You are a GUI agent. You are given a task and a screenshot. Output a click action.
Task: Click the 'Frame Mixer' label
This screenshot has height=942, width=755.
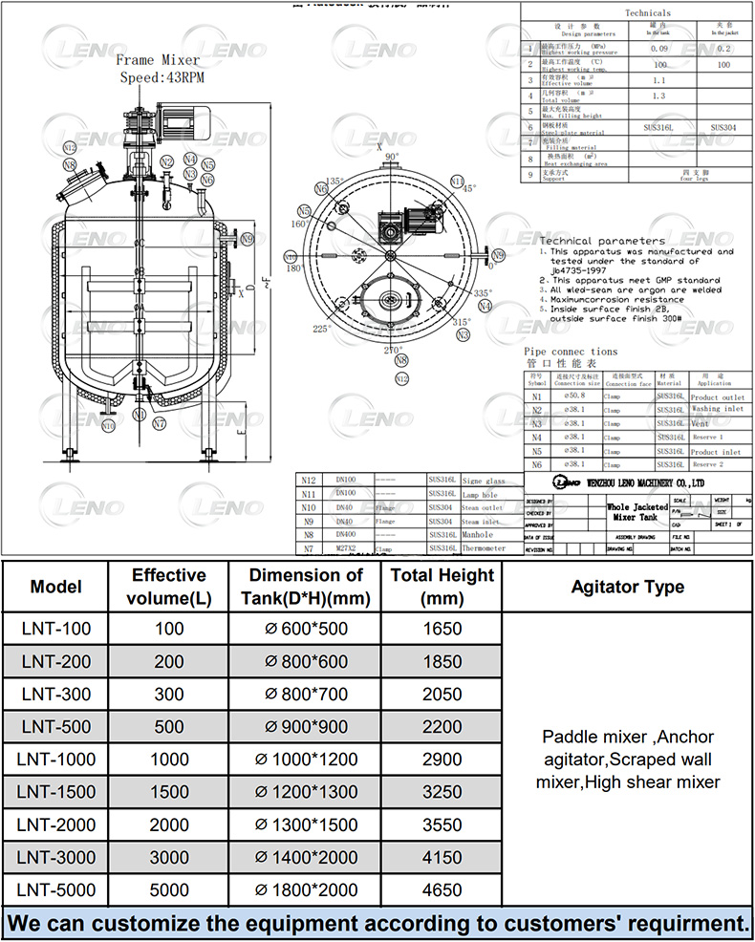[158, 60]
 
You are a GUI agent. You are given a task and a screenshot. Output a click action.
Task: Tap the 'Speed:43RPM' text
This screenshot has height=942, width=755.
[162, 76]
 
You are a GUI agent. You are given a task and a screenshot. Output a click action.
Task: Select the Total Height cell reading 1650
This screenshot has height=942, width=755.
[441, 629]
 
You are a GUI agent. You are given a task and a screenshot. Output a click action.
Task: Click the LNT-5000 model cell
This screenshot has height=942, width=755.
[56, 889]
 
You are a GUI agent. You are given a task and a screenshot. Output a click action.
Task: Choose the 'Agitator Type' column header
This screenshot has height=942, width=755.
[627, 587]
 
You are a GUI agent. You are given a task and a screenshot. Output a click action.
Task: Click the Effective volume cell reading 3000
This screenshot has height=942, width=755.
[168, 857]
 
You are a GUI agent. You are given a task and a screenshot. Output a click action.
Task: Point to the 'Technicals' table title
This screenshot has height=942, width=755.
[647, 13]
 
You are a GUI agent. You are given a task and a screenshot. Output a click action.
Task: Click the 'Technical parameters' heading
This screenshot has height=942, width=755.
[602, 241]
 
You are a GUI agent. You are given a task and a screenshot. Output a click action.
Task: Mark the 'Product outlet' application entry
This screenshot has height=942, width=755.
[717, 396]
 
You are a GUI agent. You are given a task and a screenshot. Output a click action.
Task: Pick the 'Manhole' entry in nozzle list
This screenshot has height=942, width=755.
[477, 535]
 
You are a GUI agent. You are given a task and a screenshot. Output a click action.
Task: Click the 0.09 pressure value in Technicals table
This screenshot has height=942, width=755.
[658, 47]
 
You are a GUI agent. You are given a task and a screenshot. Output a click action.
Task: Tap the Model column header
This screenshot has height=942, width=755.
[56, 587]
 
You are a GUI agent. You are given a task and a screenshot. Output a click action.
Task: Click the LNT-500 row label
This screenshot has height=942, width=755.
[56, 726]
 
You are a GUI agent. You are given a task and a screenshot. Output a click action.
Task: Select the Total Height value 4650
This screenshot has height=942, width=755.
[441, 889]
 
